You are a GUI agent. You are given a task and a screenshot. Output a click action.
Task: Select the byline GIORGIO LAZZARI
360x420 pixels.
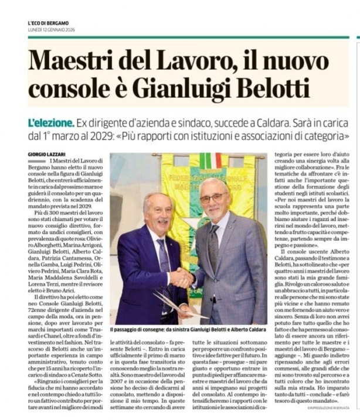[47, 154]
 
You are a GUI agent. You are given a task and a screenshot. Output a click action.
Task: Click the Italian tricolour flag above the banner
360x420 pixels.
[209, 160]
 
